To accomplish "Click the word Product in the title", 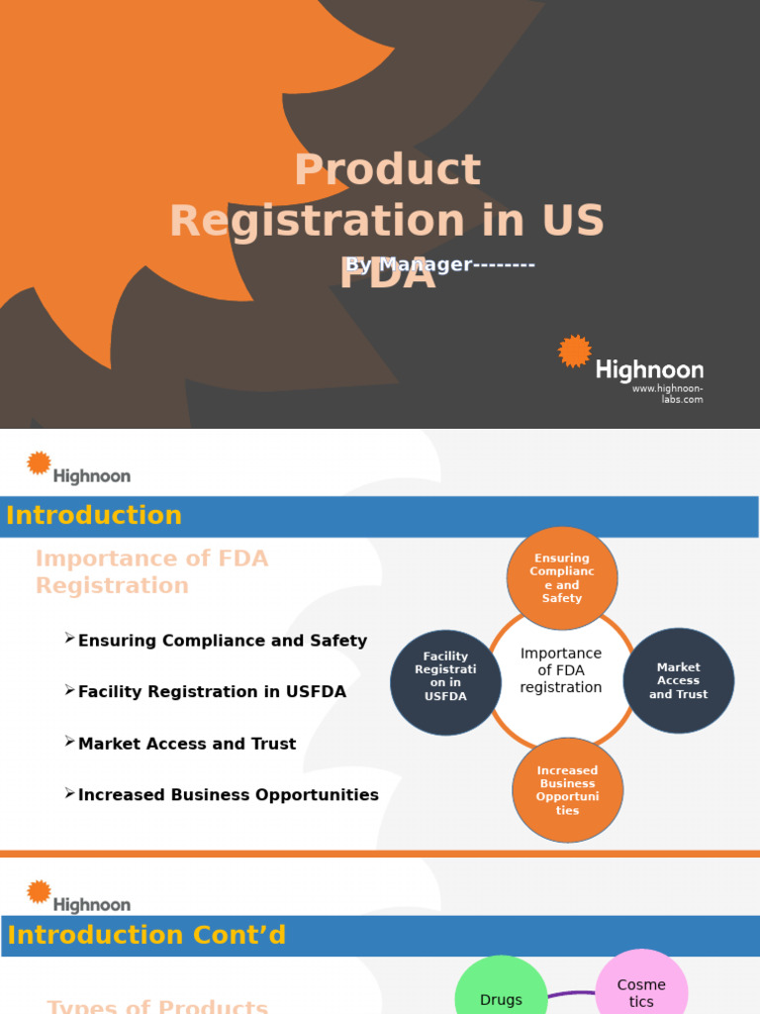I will coord(387,170).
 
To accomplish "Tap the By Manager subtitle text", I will coord(440,264).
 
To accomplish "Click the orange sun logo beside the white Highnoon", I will coord(574,352).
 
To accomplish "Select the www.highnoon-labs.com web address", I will coord(668,394).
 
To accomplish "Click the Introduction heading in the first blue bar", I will coord(94,516).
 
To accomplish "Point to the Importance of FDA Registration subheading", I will coord(151,572).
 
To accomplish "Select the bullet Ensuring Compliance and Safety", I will coord(222,641).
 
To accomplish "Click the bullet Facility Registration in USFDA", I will coord(212,692).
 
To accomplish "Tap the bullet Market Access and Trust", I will coord(187,744).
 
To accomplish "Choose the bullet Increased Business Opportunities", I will coord(228,795).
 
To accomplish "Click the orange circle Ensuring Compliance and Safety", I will coord(562,578).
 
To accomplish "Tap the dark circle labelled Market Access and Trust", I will coord(679,680).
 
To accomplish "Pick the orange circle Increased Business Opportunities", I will coord(567,790).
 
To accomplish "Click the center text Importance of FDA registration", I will coord(561,670).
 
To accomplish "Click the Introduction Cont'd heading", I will coord(146,935).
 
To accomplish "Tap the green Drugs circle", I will coord(501,995).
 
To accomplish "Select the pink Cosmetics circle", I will coord(641,990).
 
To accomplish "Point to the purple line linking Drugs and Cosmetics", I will coord(572,995).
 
